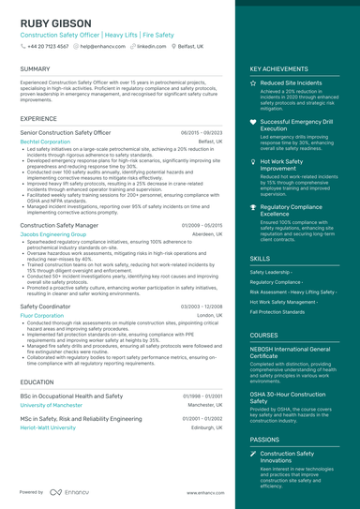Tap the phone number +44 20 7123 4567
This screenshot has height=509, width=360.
(x=48, y=45)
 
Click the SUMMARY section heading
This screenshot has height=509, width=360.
(x=35, y=69)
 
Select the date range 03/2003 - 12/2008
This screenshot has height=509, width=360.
(x=202, y=307)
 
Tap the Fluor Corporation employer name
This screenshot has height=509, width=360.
(x=42, y=315)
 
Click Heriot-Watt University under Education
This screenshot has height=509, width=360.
(x=49, y=427)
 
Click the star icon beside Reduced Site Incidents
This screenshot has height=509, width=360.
(x=253, y=83)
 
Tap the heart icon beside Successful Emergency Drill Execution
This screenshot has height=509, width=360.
(x=253, y=122)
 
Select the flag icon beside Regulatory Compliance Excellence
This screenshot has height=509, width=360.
(x=253, y=206)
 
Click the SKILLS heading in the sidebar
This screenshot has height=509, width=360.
(x=260, y=258)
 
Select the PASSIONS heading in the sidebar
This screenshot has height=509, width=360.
(x=264, y=439)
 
